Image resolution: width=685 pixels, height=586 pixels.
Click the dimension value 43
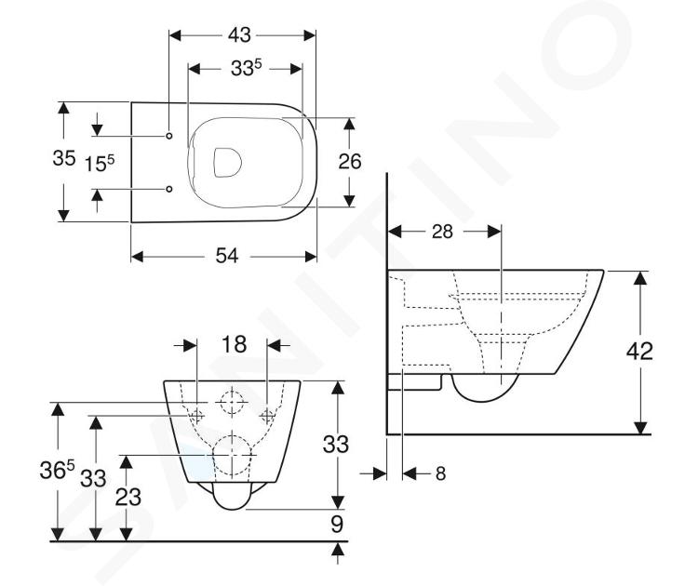point(239,35)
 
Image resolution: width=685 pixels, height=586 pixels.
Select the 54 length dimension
point(227,256)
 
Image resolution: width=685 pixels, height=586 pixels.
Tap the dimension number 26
point(350,162)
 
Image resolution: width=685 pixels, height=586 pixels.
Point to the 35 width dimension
point(64,158)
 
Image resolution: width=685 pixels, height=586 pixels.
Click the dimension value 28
point(442,232)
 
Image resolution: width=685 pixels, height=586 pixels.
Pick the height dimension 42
point(639,351)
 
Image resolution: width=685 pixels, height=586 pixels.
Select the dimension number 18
point(235,344)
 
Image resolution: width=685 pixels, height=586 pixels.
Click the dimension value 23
point(128,497)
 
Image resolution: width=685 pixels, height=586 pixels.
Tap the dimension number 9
point(337,525)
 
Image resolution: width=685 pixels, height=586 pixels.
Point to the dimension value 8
point(440,473)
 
